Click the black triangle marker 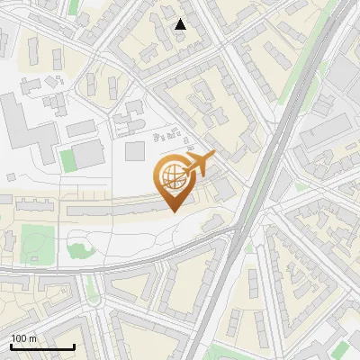(181, 24)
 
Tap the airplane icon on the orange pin (199, 165)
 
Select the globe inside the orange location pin (172, 176)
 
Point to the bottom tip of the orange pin (172, 211)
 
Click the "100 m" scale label (23, 338)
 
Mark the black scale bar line (42, 346)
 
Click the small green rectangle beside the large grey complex (67, 160)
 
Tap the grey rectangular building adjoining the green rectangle (88, 156)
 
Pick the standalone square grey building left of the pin (134, 150)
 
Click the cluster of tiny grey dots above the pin (168, 137)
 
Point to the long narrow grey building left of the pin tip (117, 209)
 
